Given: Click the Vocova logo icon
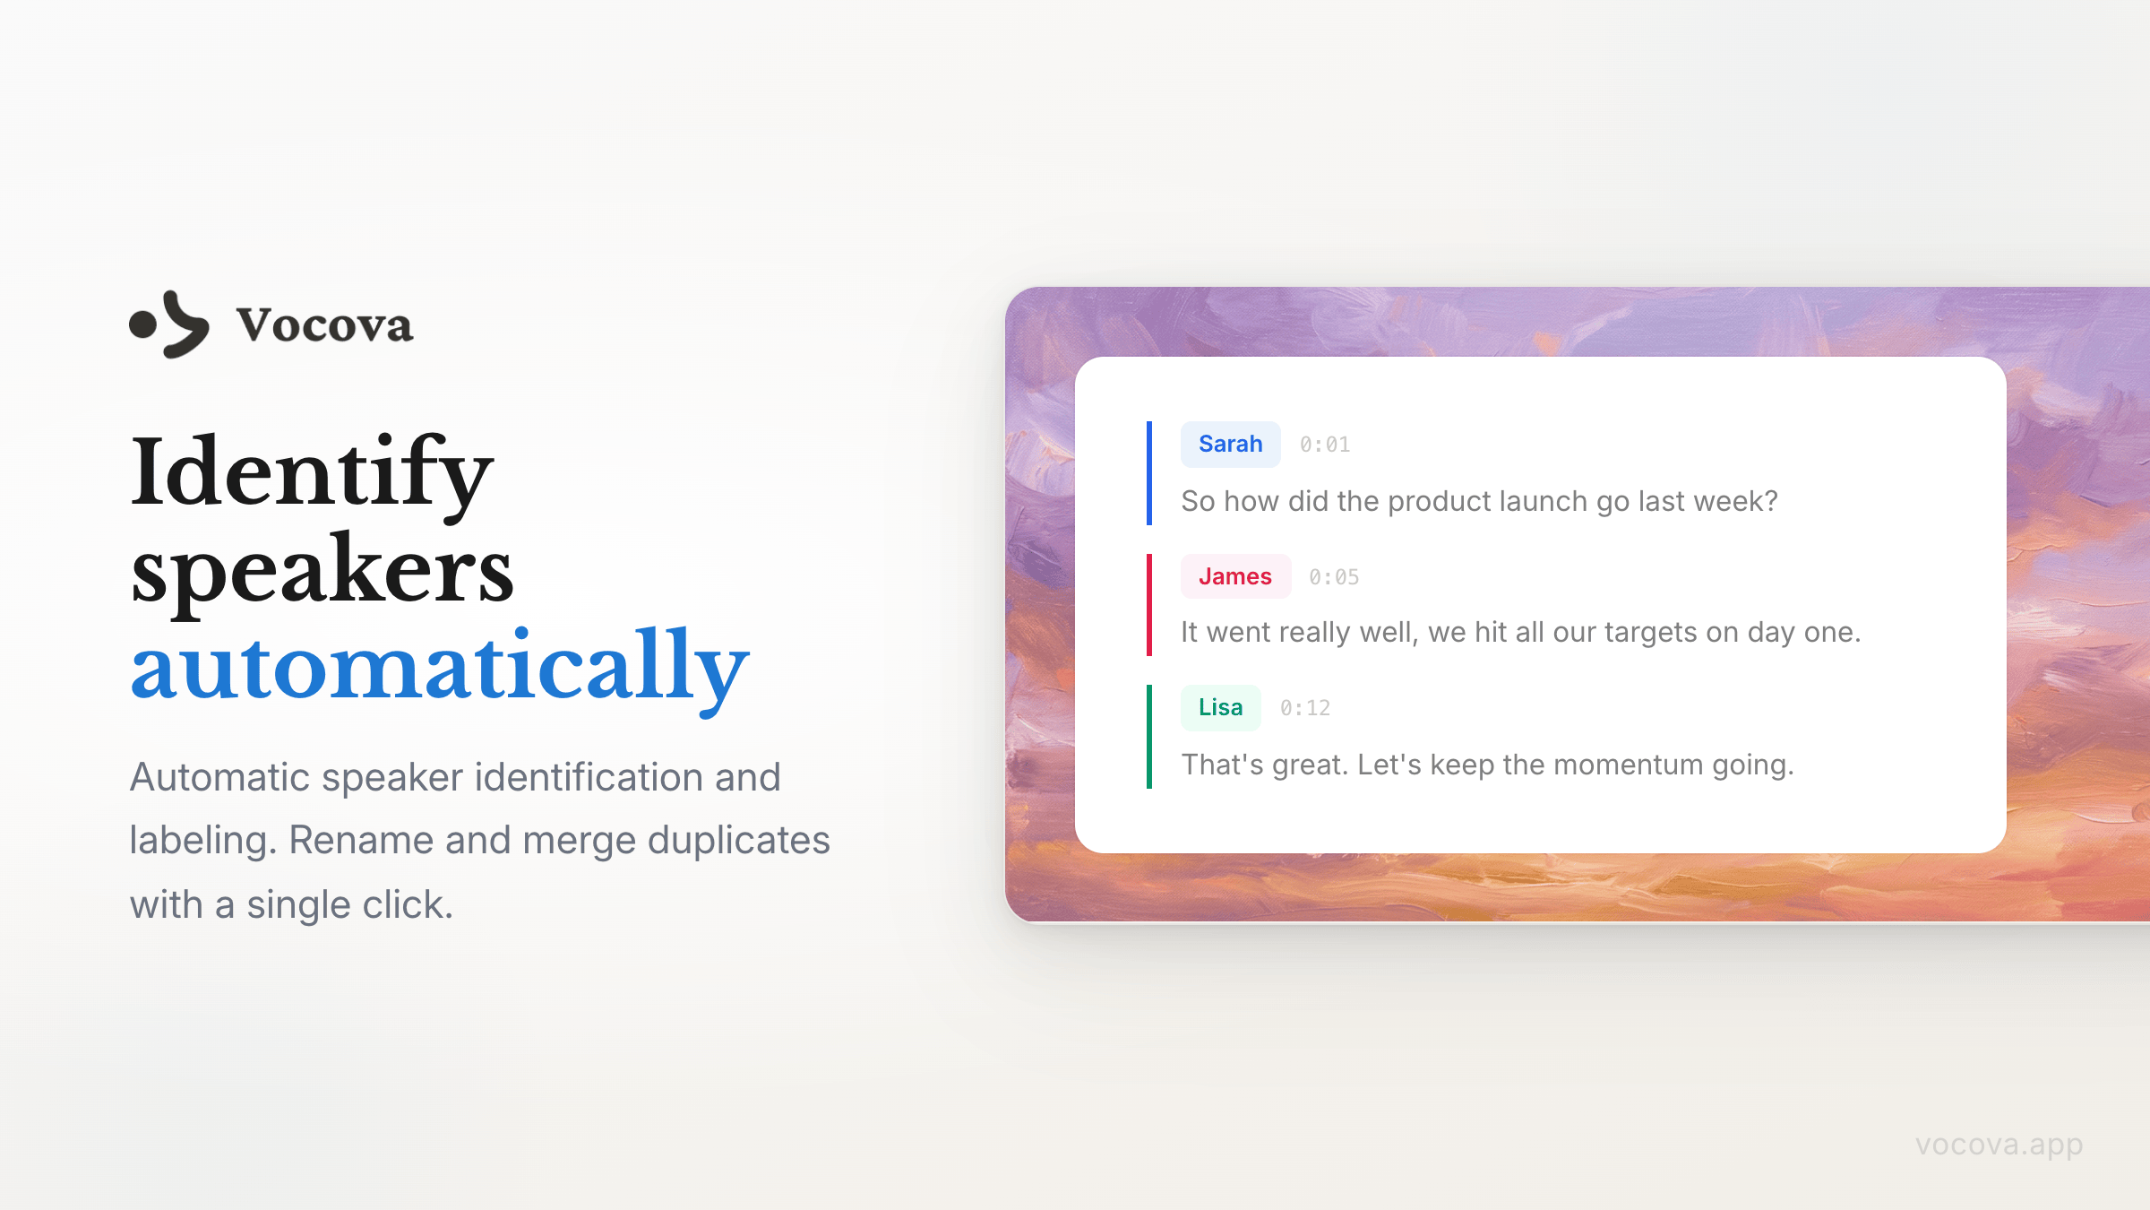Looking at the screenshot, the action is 169,324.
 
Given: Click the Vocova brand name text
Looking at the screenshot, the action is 324,324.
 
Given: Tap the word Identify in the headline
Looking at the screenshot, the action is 312,472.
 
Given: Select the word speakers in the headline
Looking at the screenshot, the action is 322,572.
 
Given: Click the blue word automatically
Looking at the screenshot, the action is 440,667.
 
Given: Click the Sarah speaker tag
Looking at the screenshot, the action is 1230,445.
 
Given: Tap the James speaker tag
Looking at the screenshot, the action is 1235,576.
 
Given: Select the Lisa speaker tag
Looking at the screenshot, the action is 1220,708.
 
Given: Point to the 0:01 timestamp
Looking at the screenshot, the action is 1325,445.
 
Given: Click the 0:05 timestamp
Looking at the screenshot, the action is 1334,577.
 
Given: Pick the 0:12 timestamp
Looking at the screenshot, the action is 1305,708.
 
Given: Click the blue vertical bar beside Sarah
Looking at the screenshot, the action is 1149,473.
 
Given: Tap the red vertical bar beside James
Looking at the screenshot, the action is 1149,605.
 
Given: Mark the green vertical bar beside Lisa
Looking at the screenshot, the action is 1149,737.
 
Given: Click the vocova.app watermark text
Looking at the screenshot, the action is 1999,1145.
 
